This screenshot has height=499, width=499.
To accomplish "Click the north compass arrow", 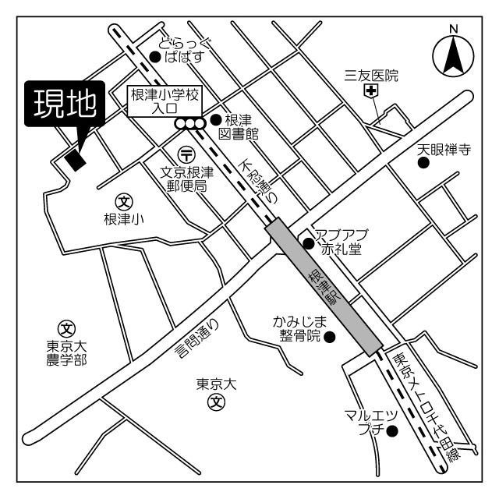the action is pyautogui.click(x=453, y=55).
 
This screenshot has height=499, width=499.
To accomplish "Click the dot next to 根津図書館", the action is pyautogui.click(x=214, y=119).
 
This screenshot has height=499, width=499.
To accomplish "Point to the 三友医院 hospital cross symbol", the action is pyautogui.click(x=372, y=92).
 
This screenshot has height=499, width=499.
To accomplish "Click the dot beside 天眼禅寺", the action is pyautogui.click(x=423, y=164).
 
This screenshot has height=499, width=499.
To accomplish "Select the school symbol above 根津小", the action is pyautogui.click(x=124, y=202).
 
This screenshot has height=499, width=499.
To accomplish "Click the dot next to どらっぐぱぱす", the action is pyautogui.click(x=154, y=56).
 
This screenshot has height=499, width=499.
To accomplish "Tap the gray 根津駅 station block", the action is pyautogui.click(x=324, y=286).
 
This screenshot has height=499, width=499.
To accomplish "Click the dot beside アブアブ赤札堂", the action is pyautogui.click(x=309, y=244).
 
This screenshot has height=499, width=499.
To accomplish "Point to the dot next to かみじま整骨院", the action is pyautogui.click(x=329, y=337).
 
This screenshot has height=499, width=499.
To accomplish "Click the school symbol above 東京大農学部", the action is pyautogui.click(x=66, y=327).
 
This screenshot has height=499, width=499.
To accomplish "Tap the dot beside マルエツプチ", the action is pyautogui.click(x=392, y=431).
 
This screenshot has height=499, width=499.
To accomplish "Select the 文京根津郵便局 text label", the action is pyautogui.click(x=186, y=180).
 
